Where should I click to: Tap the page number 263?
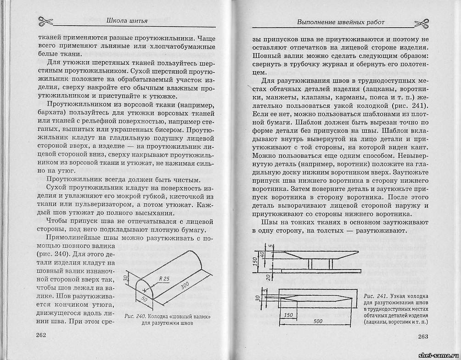tap(423, 337)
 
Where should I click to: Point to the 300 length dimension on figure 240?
tap(185, 286)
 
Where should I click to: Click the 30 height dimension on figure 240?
tap(125, 279)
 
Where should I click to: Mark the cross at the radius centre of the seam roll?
tap(145, 291)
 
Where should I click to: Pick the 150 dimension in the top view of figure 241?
tap(288, 315)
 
